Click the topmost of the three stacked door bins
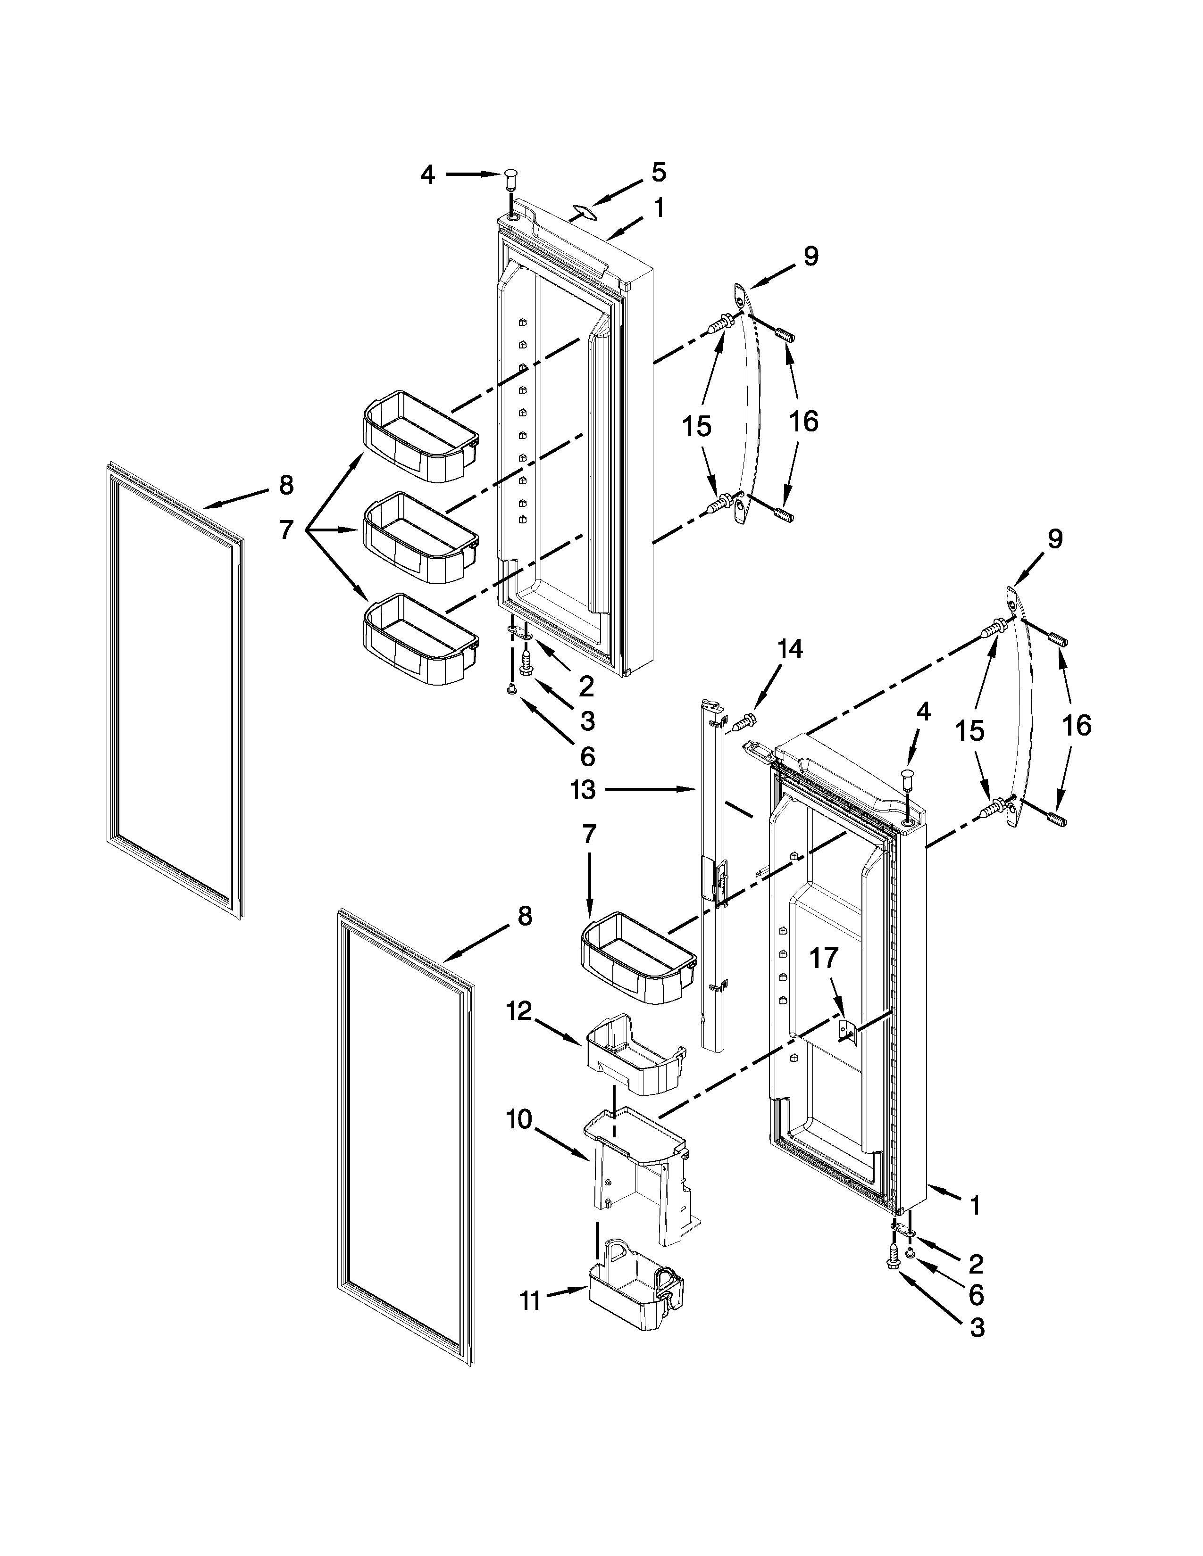pos(419,436)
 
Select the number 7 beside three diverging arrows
pos(286,530)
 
